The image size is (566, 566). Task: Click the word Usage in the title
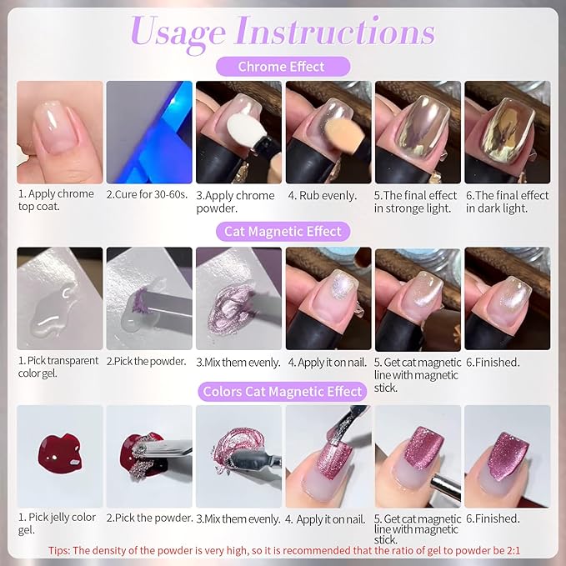pyautogui.click(x=178, y=33)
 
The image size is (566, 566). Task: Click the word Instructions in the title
pyautogui.click(x=335, y=33)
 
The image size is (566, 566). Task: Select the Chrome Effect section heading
pyautogui.click(x=282, y=66)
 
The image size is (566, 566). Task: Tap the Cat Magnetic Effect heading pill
pyautogui.click(x=283, y=231)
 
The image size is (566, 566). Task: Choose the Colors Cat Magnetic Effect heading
pyautogui.click(x=283, y=391)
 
